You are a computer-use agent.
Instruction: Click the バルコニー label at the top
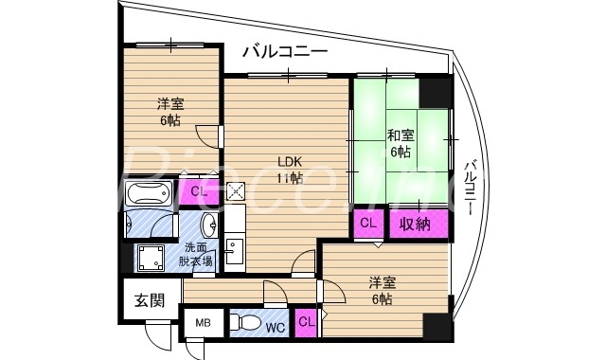tap(284, 51)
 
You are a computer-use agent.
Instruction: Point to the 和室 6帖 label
tap(398, 143)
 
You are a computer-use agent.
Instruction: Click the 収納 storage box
tap(413, 225)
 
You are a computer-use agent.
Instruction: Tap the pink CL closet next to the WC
tap(307, 323)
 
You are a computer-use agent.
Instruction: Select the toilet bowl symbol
tap(244, 323)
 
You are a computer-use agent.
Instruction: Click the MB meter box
tap(204, 323)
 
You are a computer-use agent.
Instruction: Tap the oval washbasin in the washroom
tap(208, 225)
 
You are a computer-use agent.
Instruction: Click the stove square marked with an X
tap(236, 191)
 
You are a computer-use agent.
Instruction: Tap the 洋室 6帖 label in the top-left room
tap(170, 111)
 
